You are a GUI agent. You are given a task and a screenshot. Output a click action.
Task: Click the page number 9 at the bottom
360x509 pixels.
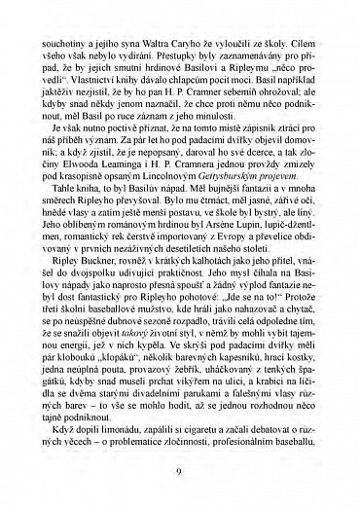tap(180, 472)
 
